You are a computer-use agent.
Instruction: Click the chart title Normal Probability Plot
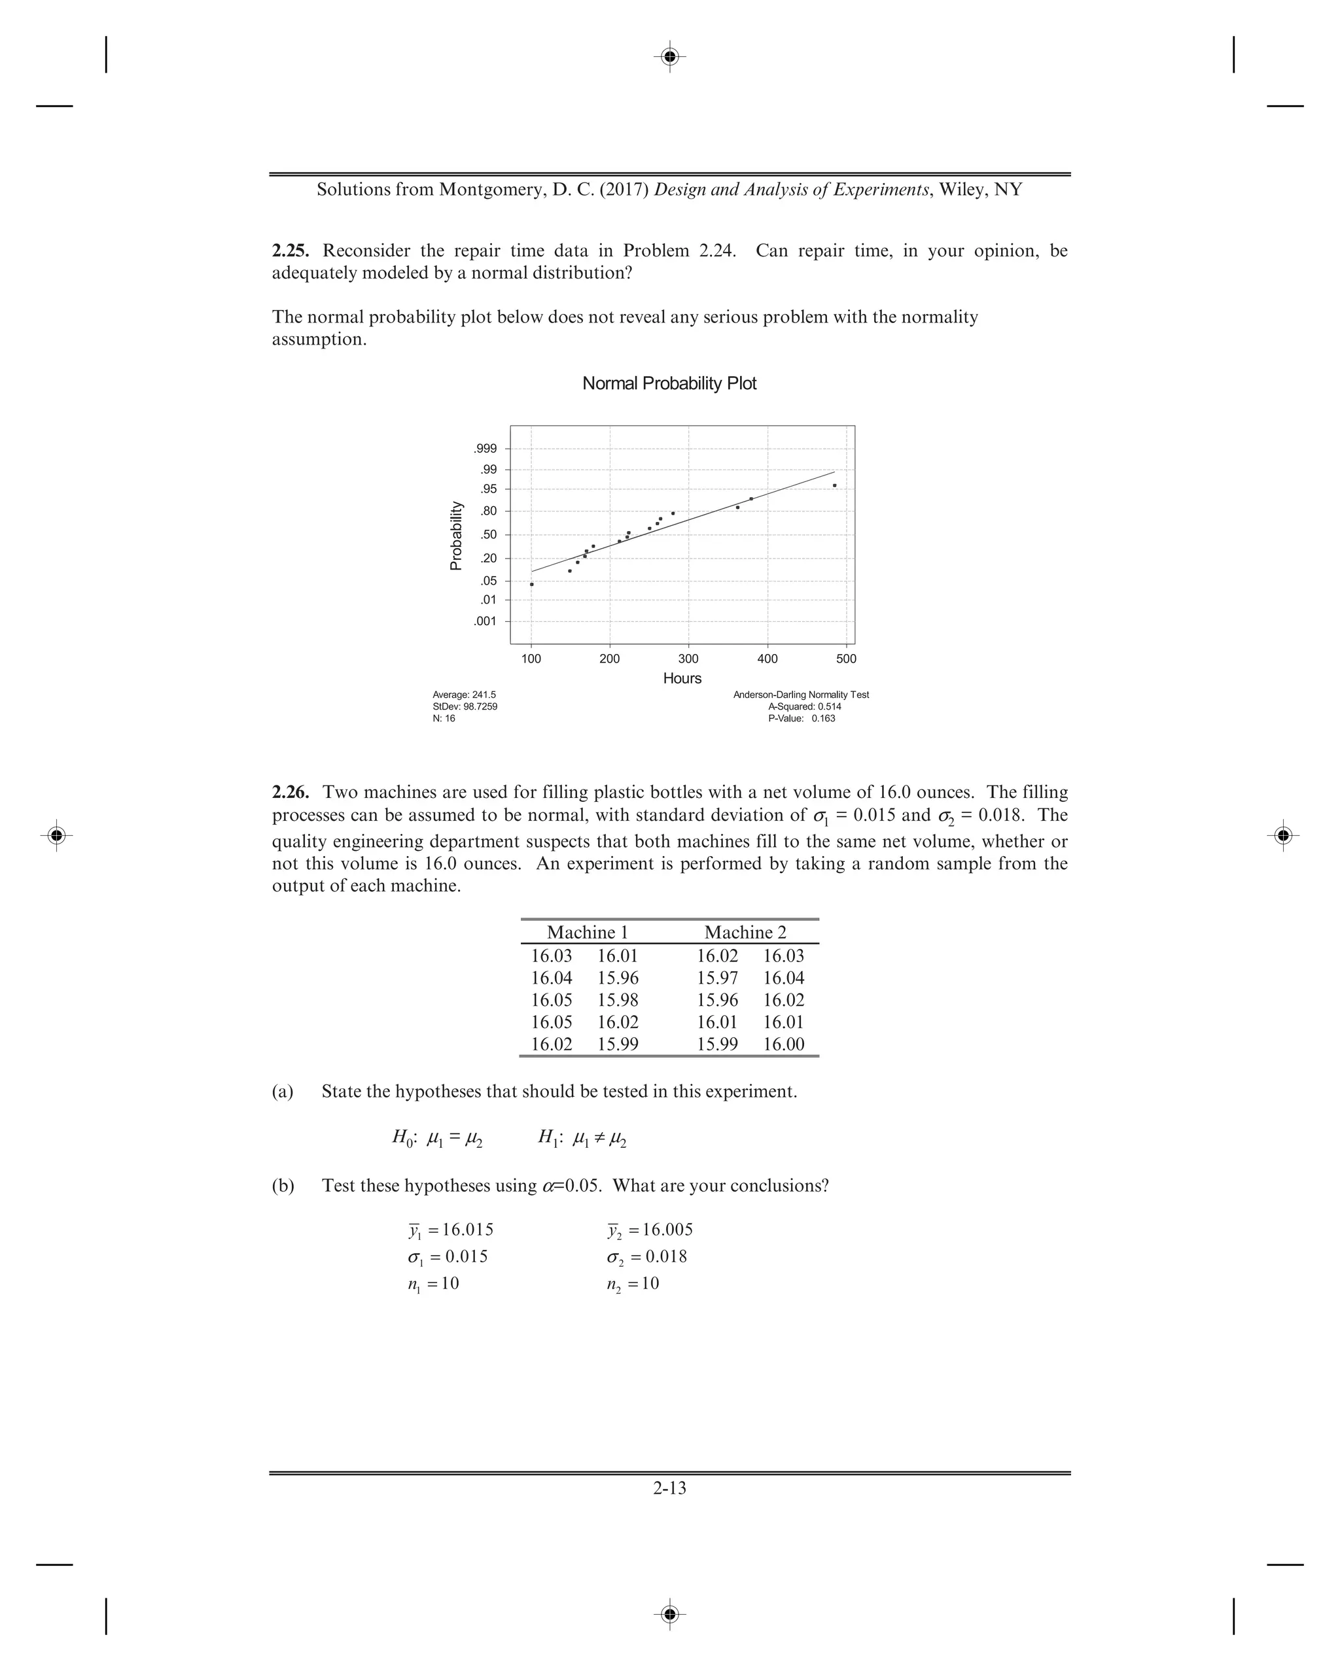pos(669,384)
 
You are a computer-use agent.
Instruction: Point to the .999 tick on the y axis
pos(485,449)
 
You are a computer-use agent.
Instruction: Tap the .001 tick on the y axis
pos(485,621)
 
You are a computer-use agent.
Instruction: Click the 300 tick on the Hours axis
pos(688,659)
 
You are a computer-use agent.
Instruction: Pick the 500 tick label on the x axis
pos(846,659)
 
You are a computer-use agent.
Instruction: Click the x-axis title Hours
pos(682,678)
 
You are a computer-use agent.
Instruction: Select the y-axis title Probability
pos(457,536)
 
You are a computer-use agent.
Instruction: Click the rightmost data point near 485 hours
pos(834,485)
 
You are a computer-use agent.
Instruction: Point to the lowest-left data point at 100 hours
pos(531,585)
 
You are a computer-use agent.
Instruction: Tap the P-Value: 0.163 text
pos(801,719)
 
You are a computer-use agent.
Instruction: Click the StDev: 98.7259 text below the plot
pos(465,707)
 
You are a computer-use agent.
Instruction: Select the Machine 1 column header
pos(587,933)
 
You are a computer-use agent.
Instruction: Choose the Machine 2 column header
pos(745,933)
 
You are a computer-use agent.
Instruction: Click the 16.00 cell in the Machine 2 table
pos(783,1044)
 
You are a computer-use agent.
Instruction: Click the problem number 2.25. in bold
pos(290,251)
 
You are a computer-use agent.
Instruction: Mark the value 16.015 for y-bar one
pos(468,1230)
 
